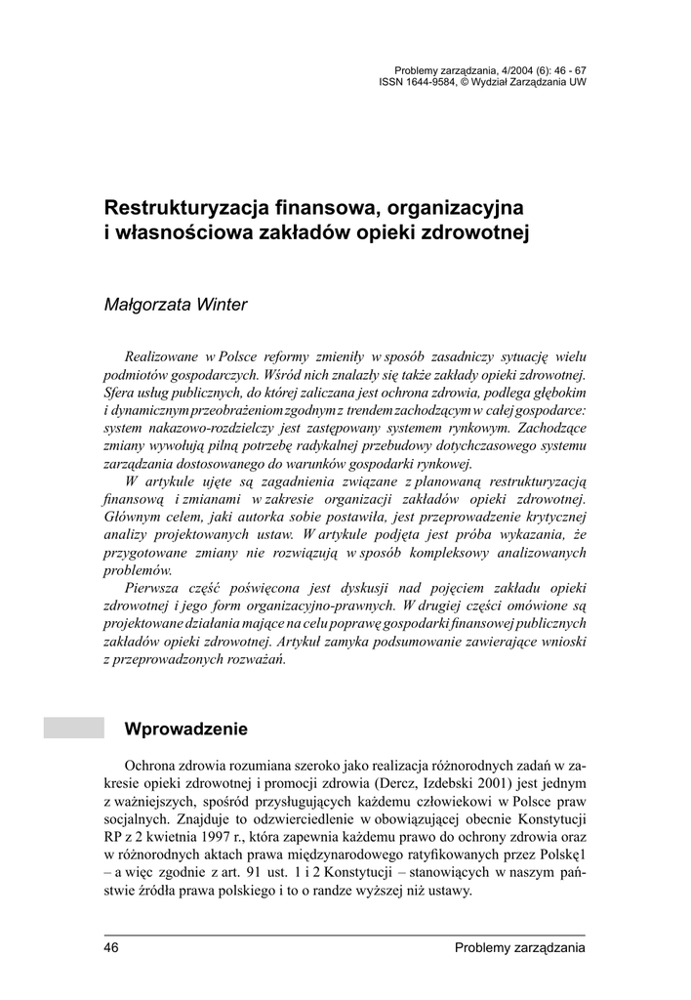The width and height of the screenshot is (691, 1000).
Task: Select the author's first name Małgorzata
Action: point(146,305)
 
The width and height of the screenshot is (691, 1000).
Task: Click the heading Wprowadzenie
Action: point(186,729)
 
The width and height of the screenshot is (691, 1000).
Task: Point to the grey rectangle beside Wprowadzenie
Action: point(73,728)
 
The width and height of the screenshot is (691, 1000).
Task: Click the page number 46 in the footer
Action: point(111,948)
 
